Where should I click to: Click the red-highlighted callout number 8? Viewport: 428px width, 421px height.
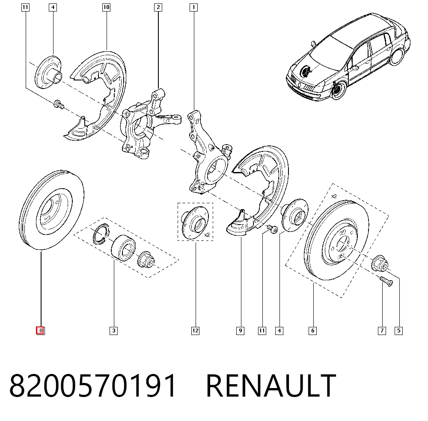tap(40, 331)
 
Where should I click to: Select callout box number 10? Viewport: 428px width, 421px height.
tap(106, 7)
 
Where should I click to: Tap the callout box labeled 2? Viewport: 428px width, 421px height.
tap(158, 7)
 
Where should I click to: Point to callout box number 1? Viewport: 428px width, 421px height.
tap(193, 7)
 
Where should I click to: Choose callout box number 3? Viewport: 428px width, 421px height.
tap(113, 331)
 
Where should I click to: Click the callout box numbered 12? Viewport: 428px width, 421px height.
tap(196, 331)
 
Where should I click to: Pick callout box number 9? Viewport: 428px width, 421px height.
tap(240, 331)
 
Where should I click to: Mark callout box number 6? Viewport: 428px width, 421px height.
tap(312, 331)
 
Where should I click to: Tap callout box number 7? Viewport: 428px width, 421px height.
tap(382, 331)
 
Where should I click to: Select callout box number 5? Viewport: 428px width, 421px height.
tap(399, 331)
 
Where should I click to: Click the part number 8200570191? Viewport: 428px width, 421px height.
tap(93, 385)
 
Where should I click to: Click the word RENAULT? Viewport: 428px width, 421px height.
tap(271, 385)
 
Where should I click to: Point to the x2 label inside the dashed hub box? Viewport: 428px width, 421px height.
tap(207, 234)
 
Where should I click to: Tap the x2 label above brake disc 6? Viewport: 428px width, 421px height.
tap(334, 196)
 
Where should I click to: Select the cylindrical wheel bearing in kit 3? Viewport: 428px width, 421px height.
tap(123, 248)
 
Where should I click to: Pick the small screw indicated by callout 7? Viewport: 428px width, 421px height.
tap(386, 281)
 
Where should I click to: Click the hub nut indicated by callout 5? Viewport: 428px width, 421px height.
tap(379, 264)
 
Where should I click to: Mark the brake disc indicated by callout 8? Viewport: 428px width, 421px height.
tap(52, 210)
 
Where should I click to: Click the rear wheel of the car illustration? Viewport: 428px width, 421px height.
tap(397, 56)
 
